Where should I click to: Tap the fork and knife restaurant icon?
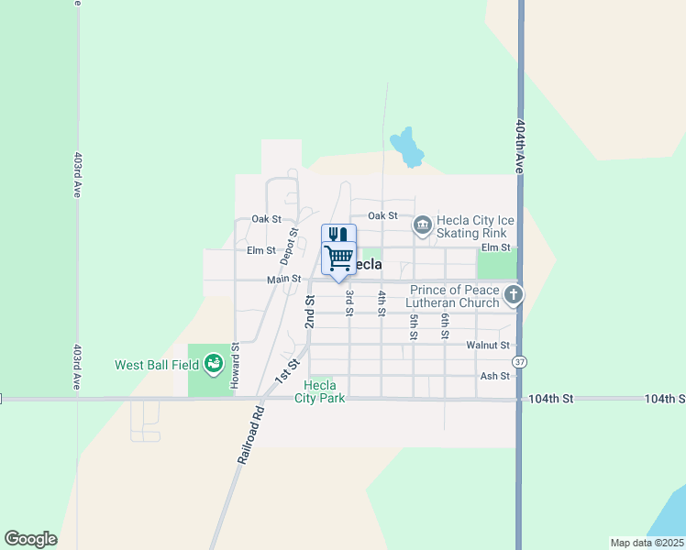[x=337, y=234]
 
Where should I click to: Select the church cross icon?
[x=514, y=295]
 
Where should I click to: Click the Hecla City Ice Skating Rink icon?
[x=422, y=224]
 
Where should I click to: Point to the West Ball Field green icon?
[x=214, y=365]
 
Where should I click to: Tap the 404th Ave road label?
[x=520, y=146]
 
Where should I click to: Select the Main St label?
[x=284, y=279]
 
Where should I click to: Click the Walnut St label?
[x=487, y=346]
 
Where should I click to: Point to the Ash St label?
[x=494, y=377]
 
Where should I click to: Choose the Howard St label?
[x=235, y=364]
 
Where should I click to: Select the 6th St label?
[x=444, y=325]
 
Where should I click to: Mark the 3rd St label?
[x=349, y=303]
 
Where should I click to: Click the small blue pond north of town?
[x=406, y=147]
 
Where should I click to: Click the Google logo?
[x=30, y=539]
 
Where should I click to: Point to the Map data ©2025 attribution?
[x=647, y=543]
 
